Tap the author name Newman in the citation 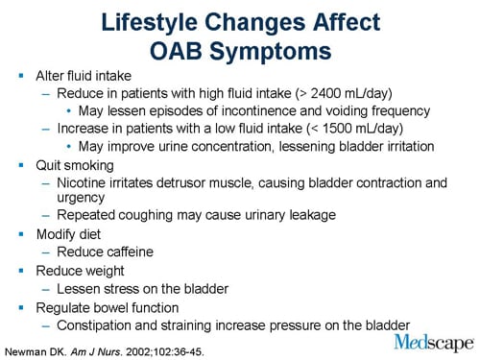[x=30, y=347]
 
